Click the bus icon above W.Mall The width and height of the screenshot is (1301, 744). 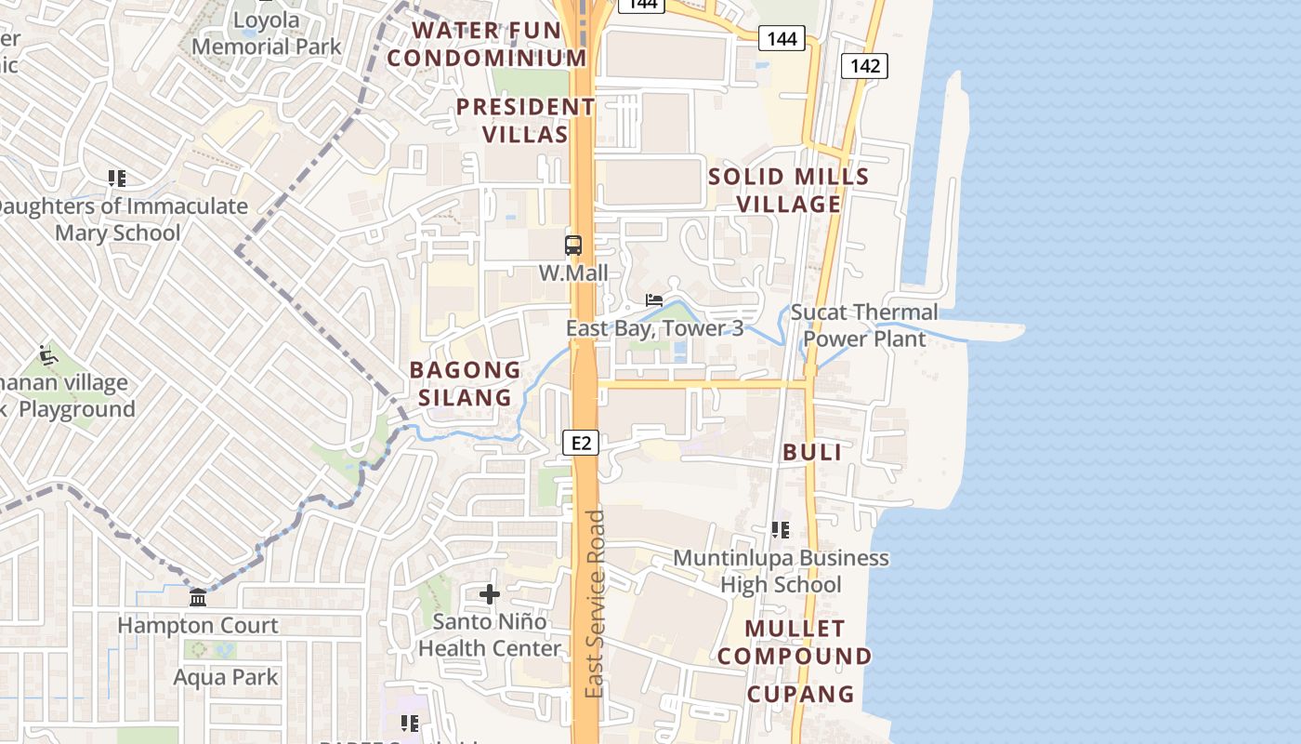[573, 246]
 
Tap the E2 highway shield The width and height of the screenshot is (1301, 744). [581, 444]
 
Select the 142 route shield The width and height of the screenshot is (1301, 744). [865, 66]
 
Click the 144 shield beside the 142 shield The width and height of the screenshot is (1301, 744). [782, 38]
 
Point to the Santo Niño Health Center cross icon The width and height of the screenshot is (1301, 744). [490, 594]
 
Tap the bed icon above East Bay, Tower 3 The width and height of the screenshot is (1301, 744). [655, 300]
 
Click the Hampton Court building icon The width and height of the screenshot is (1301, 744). [198, 598]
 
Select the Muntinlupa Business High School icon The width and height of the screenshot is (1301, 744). [781, 530]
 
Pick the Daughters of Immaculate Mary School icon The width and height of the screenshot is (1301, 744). [117, 178]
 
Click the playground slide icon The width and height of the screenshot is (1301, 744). [48, 355]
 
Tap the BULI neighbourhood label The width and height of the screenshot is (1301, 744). [812, 453]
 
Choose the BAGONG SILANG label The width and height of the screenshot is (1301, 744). [466, 383]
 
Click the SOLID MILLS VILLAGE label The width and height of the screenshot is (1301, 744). [789, 190]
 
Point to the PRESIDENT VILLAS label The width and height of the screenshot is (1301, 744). [525, 120]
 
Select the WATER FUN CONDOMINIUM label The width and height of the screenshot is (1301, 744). [487, 44]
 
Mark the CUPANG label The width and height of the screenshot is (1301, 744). [800, 694]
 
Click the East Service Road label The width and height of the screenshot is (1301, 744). [596, 604]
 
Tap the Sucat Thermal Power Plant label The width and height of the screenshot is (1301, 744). [864, 325]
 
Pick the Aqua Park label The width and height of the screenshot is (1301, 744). [226, 677]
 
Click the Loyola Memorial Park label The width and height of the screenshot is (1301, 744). [267, 33]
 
